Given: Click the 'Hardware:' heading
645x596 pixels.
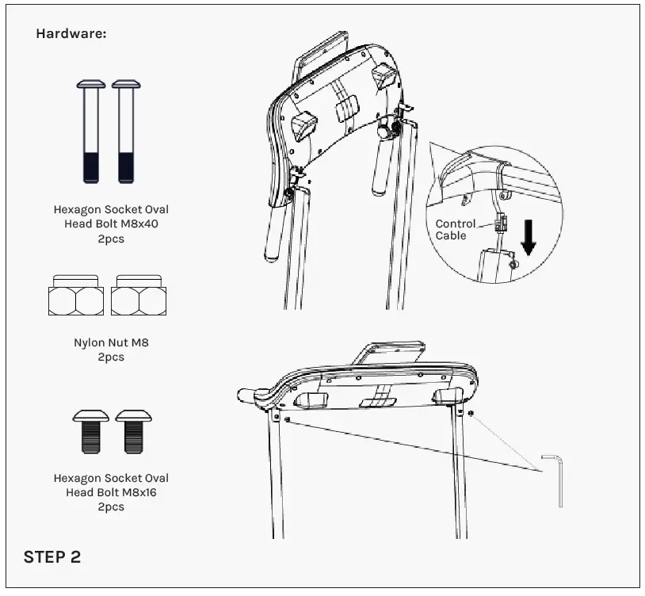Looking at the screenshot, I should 71,34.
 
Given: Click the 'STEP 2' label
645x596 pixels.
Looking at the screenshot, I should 52,556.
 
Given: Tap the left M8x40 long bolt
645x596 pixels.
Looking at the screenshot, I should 91,131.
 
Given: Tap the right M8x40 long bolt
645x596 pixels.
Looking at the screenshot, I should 126,131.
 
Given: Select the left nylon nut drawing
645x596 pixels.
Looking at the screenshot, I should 75,295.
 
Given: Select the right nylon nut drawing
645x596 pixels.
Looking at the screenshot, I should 139,295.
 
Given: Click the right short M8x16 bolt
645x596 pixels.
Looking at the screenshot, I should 132,431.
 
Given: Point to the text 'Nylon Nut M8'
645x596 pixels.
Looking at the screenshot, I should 111,344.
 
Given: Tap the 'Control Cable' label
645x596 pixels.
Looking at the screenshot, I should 456,230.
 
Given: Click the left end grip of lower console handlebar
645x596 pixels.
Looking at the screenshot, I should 247,393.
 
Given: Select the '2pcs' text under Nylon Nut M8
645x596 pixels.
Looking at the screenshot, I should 111,357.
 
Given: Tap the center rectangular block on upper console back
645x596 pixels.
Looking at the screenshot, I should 347,110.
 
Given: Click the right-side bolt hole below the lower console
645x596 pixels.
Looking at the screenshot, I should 471,413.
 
